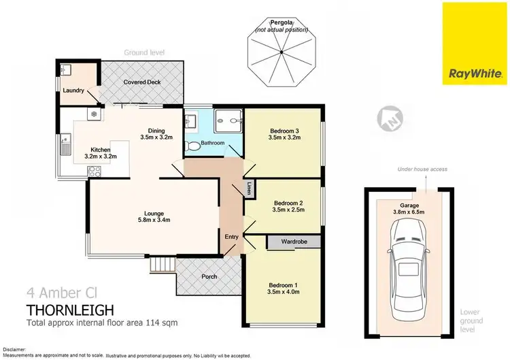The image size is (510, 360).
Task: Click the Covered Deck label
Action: coord(141,82)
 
